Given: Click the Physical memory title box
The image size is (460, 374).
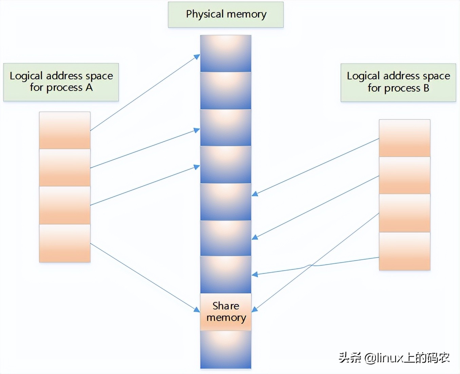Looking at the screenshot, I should (x=226, y=15).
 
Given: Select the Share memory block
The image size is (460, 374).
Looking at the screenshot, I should (x=226, y=312).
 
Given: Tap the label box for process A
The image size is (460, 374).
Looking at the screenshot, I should (x=61, y=82).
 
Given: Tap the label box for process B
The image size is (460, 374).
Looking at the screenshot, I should (x=398, y=82).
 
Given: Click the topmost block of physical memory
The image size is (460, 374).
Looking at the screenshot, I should (x=226, y=53).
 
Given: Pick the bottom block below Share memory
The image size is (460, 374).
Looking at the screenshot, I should (x=226, y=350).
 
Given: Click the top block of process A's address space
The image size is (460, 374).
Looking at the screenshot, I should (x=64, y=130).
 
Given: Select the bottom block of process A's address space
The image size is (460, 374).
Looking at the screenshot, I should (x=64, y=243).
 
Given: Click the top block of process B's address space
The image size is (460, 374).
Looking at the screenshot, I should (x=404, y=138).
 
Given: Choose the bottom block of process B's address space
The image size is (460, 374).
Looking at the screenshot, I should (x=404, y=251).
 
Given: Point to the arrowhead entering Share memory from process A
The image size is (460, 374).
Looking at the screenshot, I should (x=197, y=309).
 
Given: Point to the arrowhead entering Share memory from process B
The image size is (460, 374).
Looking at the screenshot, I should (x=255, y=309).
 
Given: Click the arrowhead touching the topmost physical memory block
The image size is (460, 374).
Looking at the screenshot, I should (x=197, y=57).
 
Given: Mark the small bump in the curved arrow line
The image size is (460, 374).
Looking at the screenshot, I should (x=310, y=265).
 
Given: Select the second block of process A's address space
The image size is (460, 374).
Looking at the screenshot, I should (x=64, y=168).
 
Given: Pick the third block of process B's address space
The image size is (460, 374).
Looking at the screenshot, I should (x=404, y=213).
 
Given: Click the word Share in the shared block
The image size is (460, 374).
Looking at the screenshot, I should (x=226, y=306).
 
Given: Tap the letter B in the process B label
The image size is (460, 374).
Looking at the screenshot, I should (x=426, y=88).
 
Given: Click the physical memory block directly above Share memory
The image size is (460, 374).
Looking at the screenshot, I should (x=226, y=274).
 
